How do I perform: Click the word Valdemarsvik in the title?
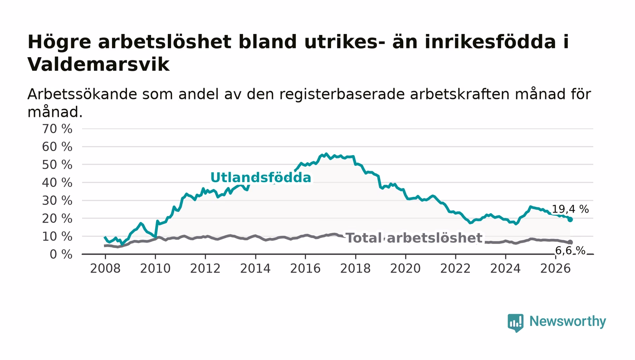tap(98, 64)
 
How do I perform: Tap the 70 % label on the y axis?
tap(57, 129)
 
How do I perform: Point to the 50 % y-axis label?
tap(57, 165)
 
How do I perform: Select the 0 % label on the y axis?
tap(61, 254)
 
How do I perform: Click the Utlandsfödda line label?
tap(261, 178)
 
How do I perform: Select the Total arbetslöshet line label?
tap(414, 238)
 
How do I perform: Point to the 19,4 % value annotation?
tap(571, 209)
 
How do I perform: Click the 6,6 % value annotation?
tap(570, 251)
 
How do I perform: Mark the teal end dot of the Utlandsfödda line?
tap(571, 220)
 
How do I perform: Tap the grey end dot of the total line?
tap(571, 242)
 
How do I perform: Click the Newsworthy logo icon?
tap(516, 323)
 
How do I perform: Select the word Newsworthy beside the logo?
tap(568, 321)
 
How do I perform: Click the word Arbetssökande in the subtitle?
tap(82, 94)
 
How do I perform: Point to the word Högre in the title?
tap(59, 43)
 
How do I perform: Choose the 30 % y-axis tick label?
tap(57, 201)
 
